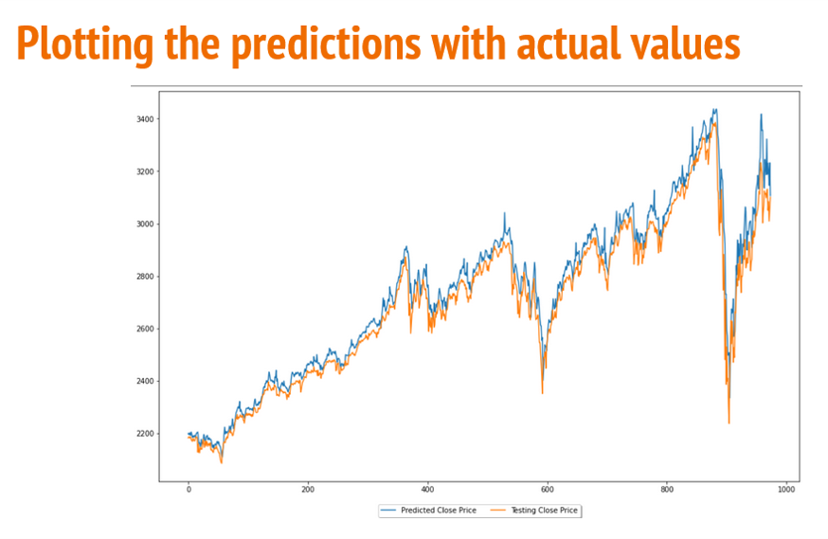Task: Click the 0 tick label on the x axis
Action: tap(189, 490)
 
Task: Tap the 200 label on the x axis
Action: tap(308, 490)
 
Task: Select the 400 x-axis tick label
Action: tap(427, 490)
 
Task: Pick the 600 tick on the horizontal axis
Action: tap(547, 490)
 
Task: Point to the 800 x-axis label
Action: tap(666, 490)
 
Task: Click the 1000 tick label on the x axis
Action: tap(785, 490)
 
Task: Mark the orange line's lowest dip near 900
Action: tap(729, 422)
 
